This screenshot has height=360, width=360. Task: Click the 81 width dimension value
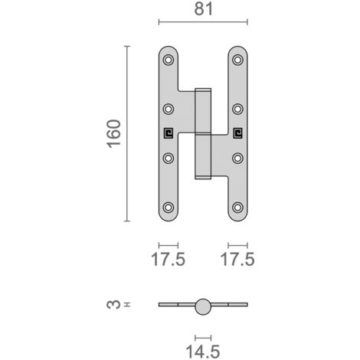click(x=204, y=9)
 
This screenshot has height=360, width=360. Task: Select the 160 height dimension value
click(x=114, y=133)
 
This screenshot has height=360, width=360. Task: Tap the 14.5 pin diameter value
click(x=203, y=352)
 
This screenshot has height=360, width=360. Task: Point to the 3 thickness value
click(x=113, y=304)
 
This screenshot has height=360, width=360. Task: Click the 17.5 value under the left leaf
click(x=169, y=259)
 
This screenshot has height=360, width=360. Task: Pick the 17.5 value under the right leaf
click(x=237, y=259)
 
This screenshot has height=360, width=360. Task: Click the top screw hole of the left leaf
click(x=169, y=60)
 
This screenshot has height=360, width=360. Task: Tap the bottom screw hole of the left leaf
click(x=169, y=208)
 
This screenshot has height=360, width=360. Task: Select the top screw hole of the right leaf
click(x=237, y=60)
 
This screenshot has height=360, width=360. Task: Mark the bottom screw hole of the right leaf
click(x=237, y=208)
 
